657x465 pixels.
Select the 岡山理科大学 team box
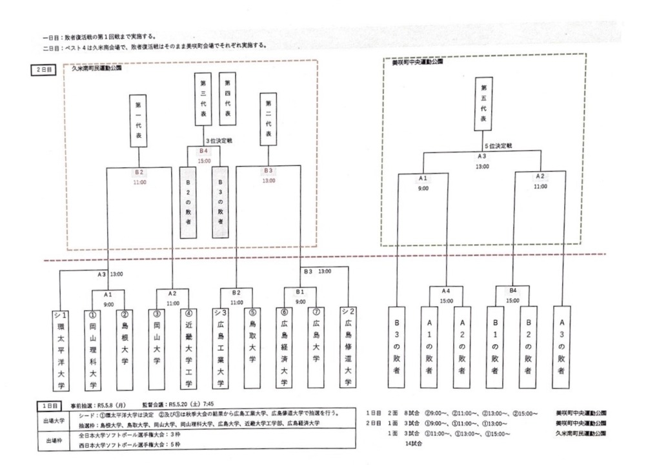point(93,349)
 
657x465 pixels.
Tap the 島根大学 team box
point(125,349)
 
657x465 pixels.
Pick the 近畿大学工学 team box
point(189,349)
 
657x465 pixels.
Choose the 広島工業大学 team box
point(220,349)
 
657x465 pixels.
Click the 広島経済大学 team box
point(284,349)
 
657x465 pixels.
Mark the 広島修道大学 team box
point(348,349)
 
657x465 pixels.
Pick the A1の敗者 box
point(429,346)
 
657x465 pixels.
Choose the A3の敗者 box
point(562,346)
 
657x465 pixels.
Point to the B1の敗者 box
point(494,346)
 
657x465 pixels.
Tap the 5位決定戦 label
point(500,146)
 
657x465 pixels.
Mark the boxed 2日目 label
point(45,68)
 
